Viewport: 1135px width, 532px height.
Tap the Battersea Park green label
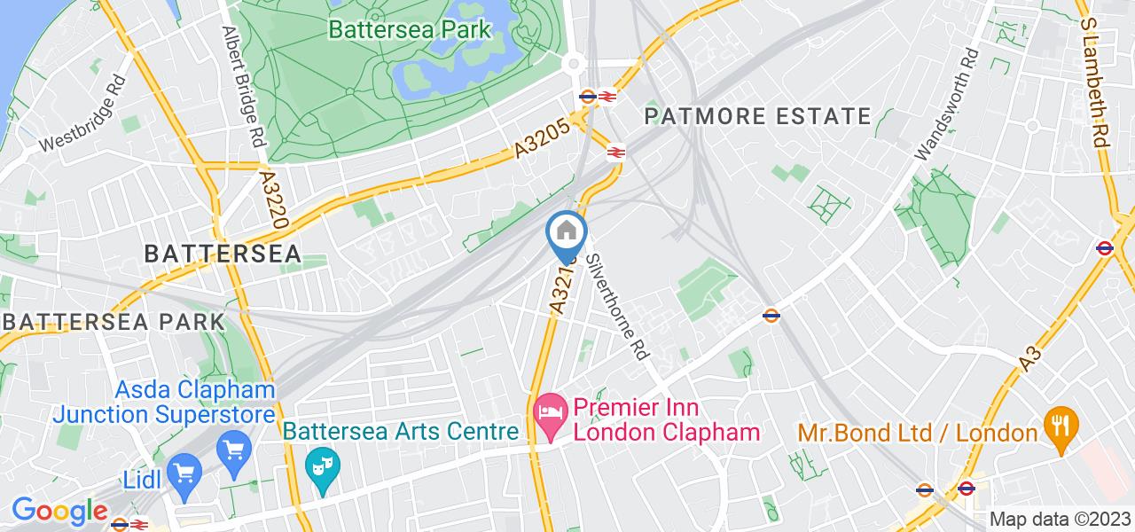[x=409, y=29]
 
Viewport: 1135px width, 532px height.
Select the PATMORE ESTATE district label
[x=757, y=116]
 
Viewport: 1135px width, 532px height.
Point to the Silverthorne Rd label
[x=618, y=301]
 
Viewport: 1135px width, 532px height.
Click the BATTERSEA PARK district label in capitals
[x=113, y=321]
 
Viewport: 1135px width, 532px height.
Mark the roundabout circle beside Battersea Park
[x=574, y=64]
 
